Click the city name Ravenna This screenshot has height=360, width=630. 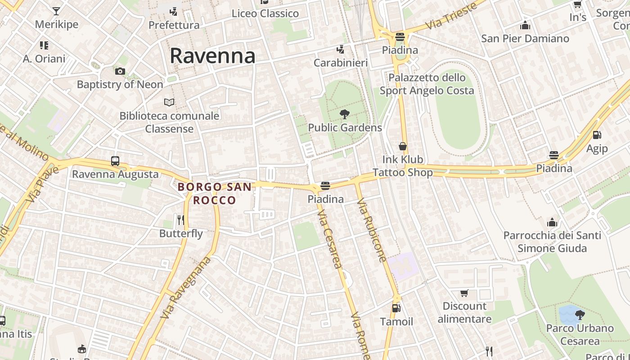[212, 56]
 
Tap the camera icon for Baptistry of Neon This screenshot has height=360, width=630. [120, 71]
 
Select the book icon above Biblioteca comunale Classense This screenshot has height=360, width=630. [169, 103]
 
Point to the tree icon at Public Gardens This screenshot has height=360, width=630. [345, 114]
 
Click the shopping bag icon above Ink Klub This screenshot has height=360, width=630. [403, 146]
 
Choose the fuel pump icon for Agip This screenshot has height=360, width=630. [597, 135]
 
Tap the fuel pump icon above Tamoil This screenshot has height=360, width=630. [396, 308]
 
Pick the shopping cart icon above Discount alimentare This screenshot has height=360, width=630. [464, 293]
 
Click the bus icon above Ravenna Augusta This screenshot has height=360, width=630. [115, 161]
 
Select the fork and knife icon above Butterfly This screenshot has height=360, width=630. [181, 220]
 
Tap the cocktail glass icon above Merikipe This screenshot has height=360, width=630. [56, 11]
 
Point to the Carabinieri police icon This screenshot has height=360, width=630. [341, 49]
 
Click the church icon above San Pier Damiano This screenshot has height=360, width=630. [525, 25]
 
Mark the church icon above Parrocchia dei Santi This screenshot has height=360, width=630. [552, 222]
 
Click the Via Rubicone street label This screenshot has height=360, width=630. [372, 231]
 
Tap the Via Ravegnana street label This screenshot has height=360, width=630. [186, 288]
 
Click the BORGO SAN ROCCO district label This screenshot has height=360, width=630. [214, 193]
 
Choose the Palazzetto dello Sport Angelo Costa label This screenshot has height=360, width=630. [427, 84]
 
